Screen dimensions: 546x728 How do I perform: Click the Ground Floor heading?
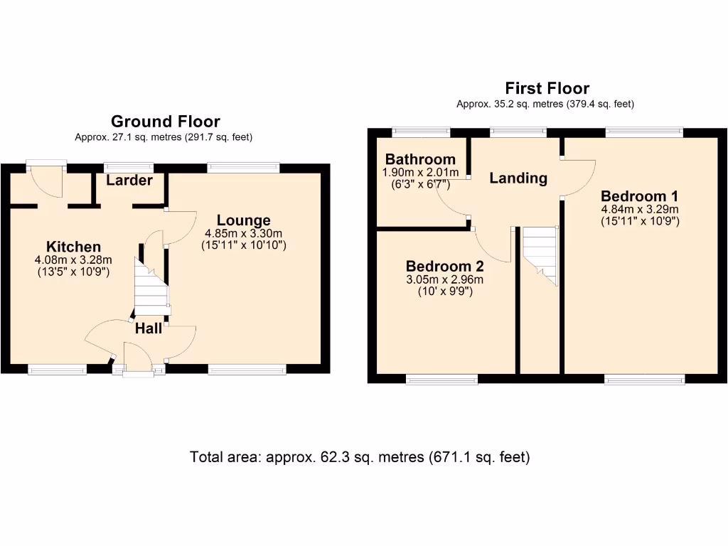[x=165, y=122]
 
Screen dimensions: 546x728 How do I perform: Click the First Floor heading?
[x=547, y=88]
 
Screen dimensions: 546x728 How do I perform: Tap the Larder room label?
[x=129, y=181]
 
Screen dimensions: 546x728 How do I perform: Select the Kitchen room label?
[x=73, y=247]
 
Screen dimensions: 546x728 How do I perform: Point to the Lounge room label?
[x=244, y=220]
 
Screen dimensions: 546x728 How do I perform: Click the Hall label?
[x=149, y=328]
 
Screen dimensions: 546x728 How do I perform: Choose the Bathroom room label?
[x=420, y=159]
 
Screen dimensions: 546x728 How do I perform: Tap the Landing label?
[x=518, y=178]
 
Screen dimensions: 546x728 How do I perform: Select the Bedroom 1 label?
[x=640, y=196]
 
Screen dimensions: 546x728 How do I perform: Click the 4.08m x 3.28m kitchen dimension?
[x=74, y=259]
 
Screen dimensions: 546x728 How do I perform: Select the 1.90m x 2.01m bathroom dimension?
[x=419, y=172]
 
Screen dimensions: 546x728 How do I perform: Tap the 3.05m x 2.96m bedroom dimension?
[x=444, y=279]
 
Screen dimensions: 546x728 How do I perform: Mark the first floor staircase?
[x=541, y=255]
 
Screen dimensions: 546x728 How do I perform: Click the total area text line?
[x=360, y=457]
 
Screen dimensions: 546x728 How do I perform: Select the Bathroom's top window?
[x=421, y=132]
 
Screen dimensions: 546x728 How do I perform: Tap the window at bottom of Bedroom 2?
[x=441, y=379]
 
